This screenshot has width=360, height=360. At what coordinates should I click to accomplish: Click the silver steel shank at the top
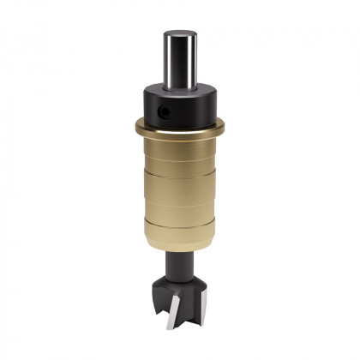tap(180, 58)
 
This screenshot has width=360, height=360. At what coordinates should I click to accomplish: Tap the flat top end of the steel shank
tap(180, 34)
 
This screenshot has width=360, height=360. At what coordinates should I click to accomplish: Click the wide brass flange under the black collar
tap(180, 129)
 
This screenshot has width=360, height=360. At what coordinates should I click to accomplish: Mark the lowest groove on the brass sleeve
tap(180, 225)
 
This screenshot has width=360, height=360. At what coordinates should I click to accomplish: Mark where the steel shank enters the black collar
tap(180, 87)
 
